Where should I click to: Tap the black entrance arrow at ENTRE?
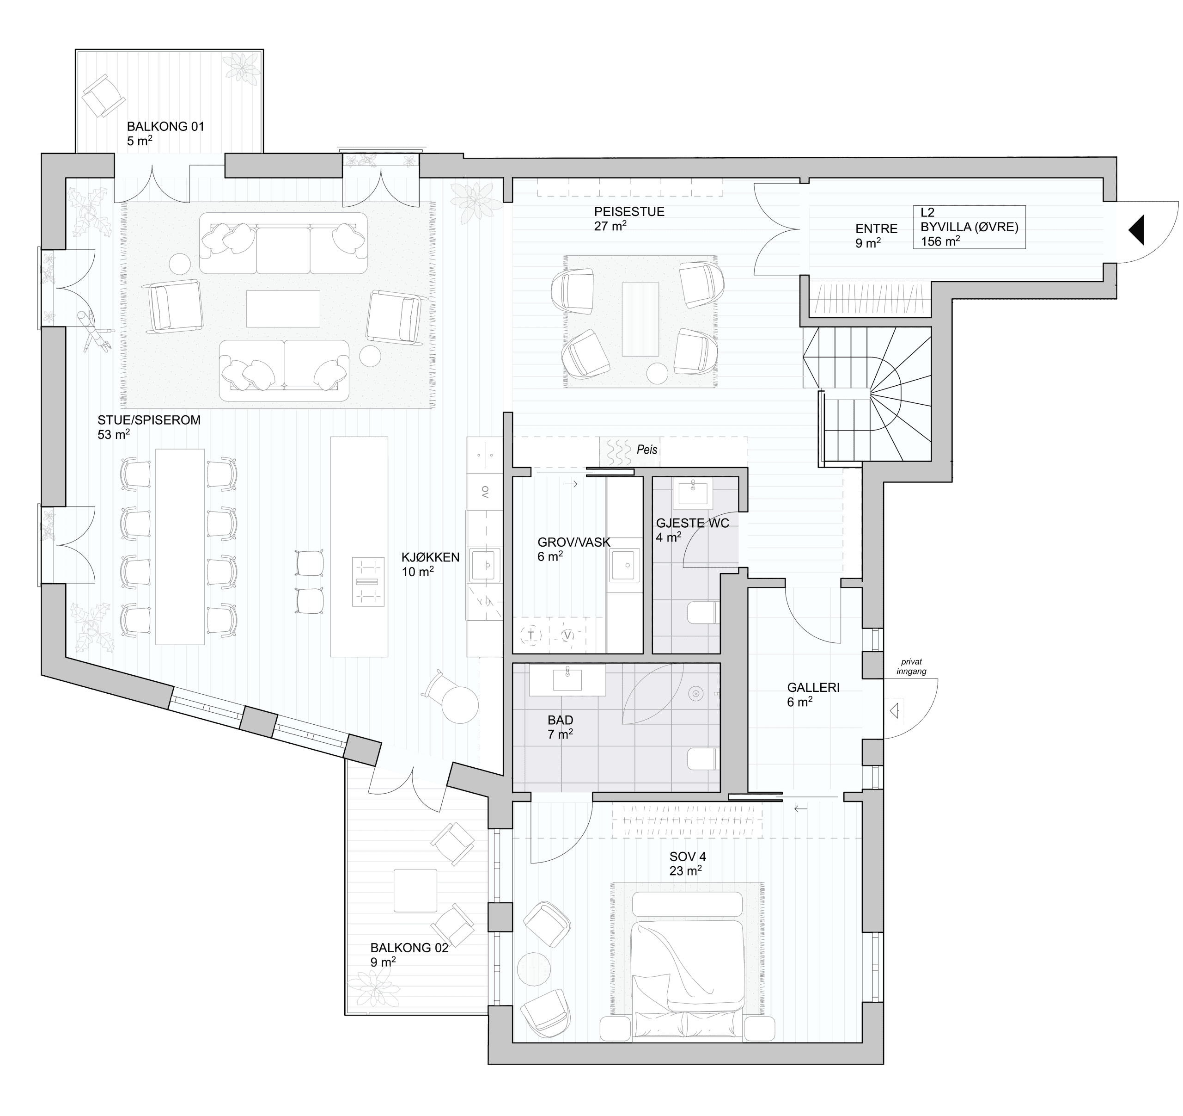(1136, 230)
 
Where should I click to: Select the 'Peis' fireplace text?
(647, 449)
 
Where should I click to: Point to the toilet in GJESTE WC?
(703, 612)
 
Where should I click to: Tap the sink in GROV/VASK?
(624, 565)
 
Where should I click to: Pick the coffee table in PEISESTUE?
(640, 319)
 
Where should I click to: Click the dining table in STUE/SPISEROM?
(180, 547)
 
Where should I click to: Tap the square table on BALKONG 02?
(415, 890)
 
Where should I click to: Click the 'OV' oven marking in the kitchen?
(485, 492)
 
